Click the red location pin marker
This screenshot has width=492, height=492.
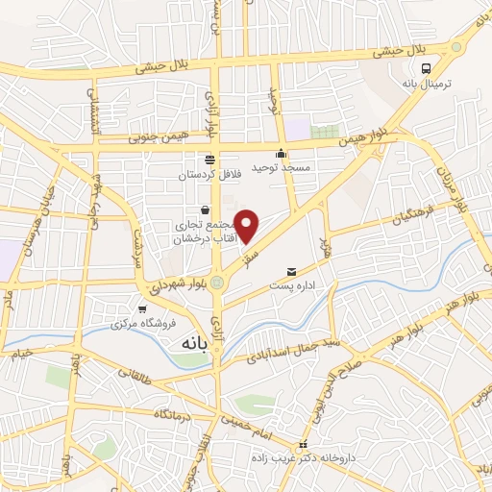247,225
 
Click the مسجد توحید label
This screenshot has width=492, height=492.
282,167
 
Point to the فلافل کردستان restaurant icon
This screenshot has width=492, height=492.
210,160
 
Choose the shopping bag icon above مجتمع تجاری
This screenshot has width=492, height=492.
205,210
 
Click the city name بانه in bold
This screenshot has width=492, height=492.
191,342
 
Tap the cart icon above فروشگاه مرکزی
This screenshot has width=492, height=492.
143,309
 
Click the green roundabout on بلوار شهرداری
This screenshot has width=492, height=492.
218,283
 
